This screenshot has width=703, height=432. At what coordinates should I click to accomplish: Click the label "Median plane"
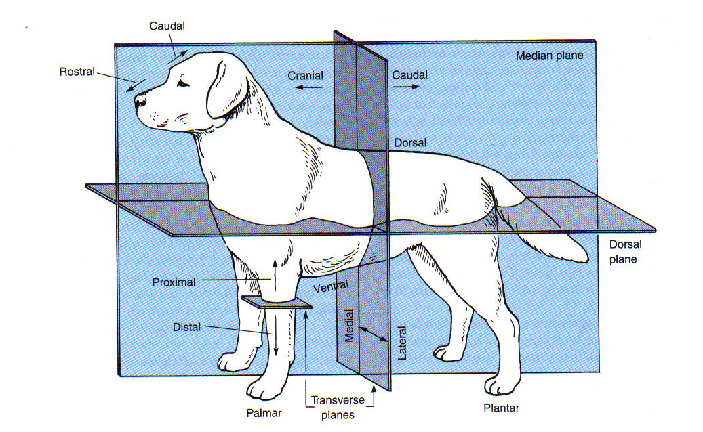pyautogui.click(x=549, y=56)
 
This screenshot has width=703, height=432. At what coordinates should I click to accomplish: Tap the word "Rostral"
pyautogui.click(x=77, y=71)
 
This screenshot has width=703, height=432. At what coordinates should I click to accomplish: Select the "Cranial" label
pyautogui.click(x=305, y=76)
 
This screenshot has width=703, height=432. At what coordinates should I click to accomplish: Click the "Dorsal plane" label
pyautogui.click(x=625, y=251)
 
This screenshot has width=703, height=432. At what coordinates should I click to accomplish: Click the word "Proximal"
pyautogui.click(x=175, y=281)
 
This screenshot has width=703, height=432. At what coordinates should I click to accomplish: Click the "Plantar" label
pyautogui.click(x=501, y=408)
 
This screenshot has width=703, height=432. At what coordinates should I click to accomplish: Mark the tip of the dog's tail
pyautogui.click(x=584, y=259)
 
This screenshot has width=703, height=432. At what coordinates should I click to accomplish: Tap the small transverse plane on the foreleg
pyautogui.click(x=276, y=302)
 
